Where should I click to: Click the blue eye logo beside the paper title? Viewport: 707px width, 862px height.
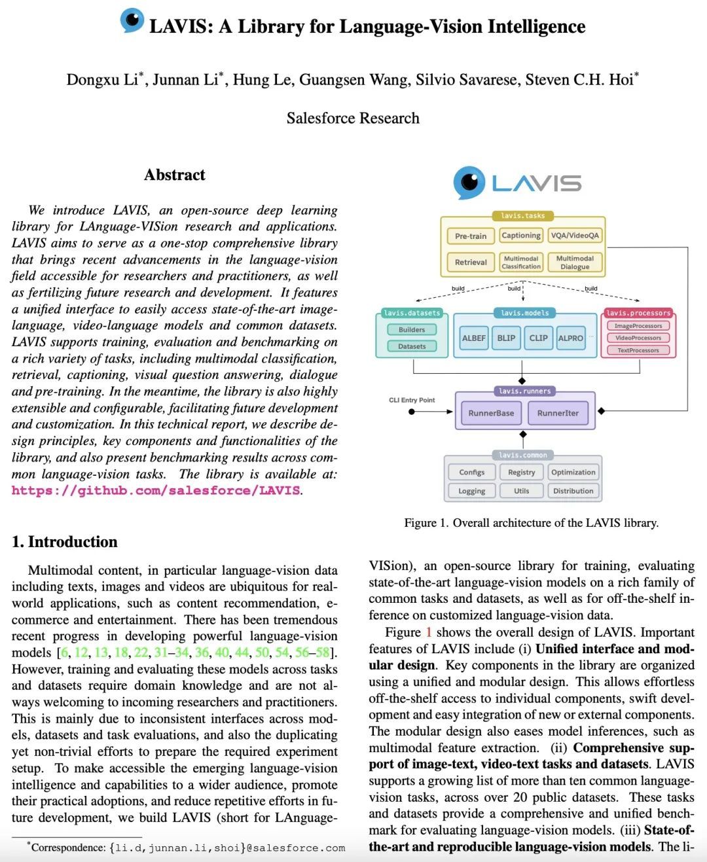coord(132,20)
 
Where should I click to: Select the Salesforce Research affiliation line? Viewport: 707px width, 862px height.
coord(353,118)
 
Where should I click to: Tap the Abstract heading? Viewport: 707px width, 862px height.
coord(174,175)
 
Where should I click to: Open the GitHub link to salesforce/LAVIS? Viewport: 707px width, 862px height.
coord(156,490)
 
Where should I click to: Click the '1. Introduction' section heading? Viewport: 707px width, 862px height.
coord(65,542)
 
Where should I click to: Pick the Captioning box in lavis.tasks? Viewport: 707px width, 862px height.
coord(521,236)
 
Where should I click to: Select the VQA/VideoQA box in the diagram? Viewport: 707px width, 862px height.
coord(575,236)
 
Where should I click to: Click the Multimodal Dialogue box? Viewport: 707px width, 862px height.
coord(575,262)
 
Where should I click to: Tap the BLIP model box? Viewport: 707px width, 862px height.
coord(506,338)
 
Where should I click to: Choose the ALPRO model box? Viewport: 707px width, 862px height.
coord(570,338)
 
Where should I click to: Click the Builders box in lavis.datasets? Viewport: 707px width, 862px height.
coord(412,330)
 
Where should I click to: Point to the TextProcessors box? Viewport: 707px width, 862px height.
coord(638,350)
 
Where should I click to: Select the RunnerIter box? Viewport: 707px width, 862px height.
coord(558,413)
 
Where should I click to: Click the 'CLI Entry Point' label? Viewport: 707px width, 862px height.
coord(412,400)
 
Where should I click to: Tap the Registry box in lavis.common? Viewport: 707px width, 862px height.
coord(521,473)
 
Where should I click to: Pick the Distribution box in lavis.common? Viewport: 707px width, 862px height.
coord(573,491)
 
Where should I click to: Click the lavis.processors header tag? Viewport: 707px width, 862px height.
coord(638,313)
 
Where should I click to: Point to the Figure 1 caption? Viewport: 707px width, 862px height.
coord(531,523)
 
